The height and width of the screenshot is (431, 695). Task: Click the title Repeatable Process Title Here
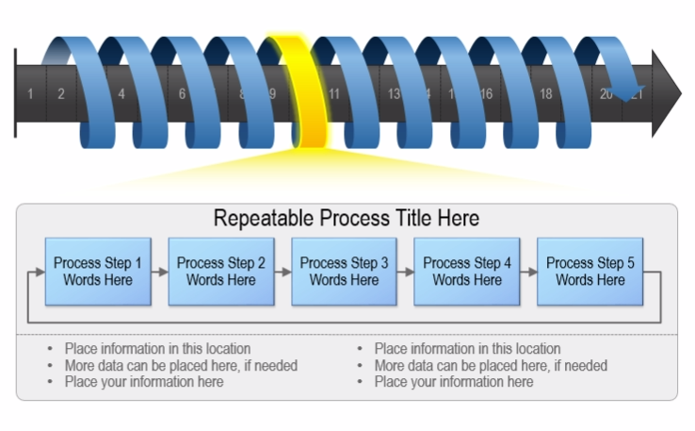click(346, 219)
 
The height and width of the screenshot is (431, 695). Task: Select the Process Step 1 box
click(98, 272)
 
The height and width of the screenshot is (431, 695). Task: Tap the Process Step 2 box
click(221, 272)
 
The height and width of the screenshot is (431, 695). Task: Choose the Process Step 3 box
click(344, 272)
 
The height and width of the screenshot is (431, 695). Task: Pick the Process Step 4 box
click(467, 272)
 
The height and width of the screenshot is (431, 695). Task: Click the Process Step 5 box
click(590, 272)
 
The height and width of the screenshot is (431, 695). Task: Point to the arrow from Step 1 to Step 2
click(160, 272)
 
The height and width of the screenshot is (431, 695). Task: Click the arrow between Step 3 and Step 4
click(406, 272)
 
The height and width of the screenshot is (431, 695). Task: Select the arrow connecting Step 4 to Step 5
click(529, 272)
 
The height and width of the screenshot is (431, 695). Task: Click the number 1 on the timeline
click(31, 93)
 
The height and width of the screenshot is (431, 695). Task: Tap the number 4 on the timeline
click(121, 93)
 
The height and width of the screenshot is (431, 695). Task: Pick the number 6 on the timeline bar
click(182, 93)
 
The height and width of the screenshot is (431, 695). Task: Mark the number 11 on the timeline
click(333, 93)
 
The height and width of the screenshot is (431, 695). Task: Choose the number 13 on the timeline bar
click(394, 93)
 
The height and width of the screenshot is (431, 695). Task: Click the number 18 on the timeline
click(545, 93)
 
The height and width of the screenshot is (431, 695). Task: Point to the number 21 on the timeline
click(638, 93)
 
